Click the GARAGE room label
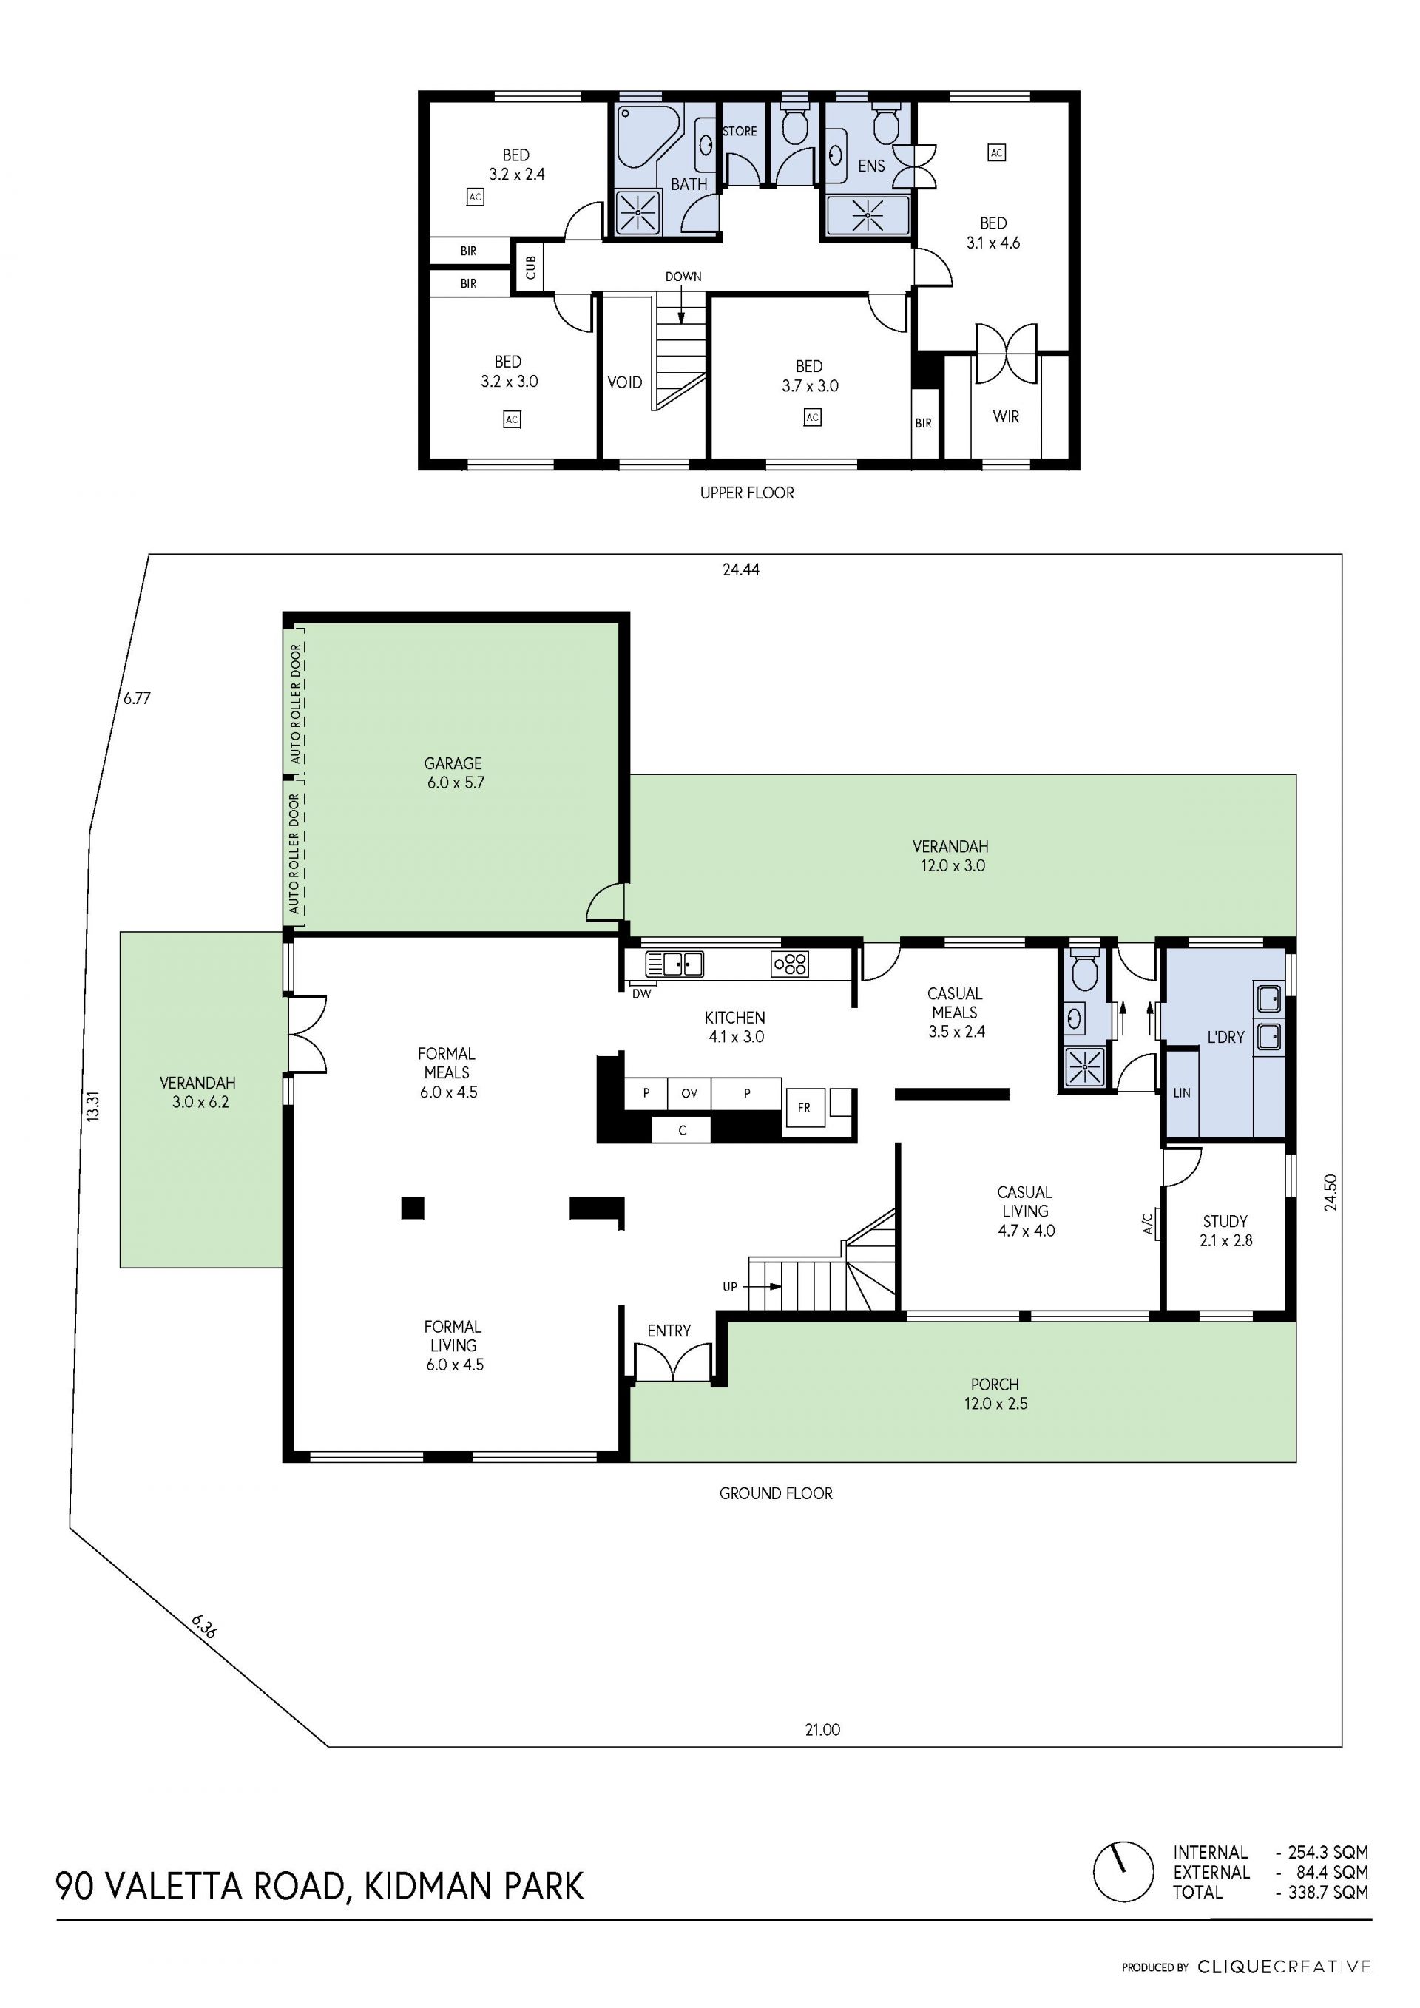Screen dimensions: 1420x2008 453,763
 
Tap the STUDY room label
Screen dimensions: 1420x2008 1225,1221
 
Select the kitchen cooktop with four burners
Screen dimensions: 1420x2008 790,964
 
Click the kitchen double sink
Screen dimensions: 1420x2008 674,964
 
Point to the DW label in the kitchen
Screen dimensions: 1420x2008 642,993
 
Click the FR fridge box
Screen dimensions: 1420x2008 805,1107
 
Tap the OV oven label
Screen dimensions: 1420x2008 689,1093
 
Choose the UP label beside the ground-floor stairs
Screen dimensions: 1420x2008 730,1286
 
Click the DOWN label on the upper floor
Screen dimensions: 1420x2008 683,277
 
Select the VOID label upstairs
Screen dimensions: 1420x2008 624,382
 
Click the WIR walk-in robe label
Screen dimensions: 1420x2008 1006,416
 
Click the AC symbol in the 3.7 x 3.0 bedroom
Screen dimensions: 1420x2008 812,417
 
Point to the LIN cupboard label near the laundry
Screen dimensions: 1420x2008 1181,1092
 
